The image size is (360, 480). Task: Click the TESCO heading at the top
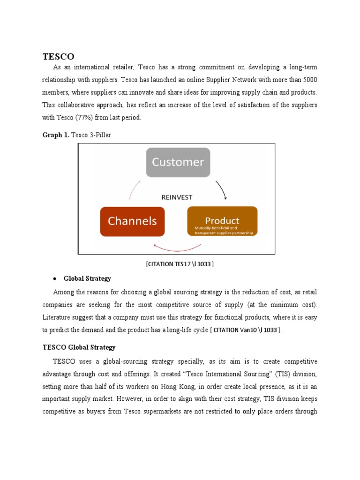click(x=58, y=56)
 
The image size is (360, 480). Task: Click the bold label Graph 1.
click(x=56, y=135)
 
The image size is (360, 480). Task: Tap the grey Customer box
click(x=178, y=163)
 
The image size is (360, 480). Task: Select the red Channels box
click(x=133, y=221)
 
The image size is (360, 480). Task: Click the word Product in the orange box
click(x=222, y=220)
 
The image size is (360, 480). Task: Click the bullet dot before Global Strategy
click(x=55, y=279)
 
